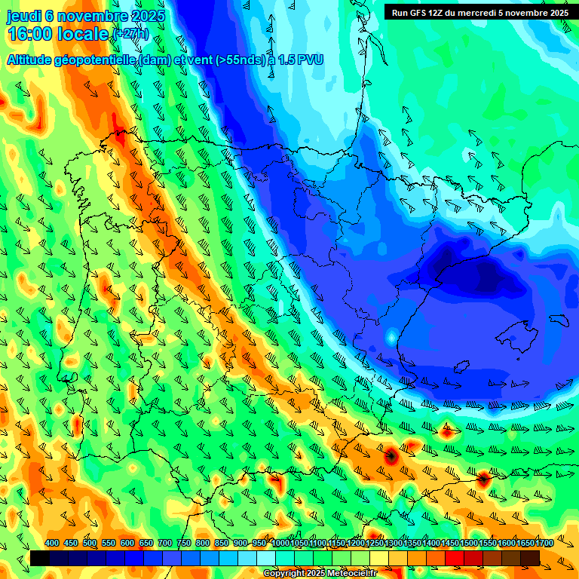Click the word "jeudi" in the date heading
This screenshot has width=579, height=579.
[23, 16]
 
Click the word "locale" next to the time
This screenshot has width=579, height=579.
[82, 34]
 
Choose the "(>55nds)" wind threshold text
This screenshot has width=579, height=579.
[240, 60]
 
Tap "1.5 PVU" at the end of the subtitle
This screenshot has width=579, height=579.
[300, 60]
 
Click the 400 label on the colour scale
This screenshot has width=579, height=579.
[52, 544]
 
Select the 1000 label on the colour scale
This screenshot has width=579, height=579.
[280, 544]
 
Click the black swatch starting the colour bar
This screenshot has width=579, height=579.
[40, 558]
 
